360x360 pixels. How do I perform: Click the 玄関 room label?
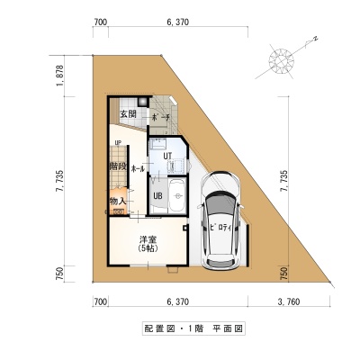(129, 114)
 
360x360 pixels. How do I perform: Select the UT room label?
(167, 156)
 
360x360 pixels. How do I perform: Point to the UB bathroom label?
(157, 195)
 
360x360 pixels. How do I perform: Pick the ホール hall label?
(138, 169)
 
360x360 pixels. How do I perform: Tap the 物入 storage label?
(118, 202)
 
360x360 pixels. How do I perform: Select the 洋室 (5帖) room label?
(148, 244)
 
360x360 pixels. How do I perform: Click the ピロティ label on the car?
(220, 228)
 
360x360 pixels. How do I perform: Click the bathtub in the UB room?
(177, 195)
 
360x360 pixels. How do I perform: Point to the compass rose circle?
(282, 61)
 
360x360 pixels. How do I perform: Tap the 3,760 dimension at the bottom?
(289, 301)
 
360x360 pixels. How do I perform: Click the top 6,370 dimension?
(178, 22)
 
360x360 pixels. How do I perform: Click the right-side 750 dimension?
(284, 274)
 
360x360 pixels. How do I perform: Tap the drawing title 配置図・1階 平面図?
(193, 328)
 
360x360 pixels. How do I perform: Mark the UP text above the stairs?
(118, 142)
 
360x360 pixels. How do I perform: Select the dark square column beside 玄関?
(142, 102)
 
